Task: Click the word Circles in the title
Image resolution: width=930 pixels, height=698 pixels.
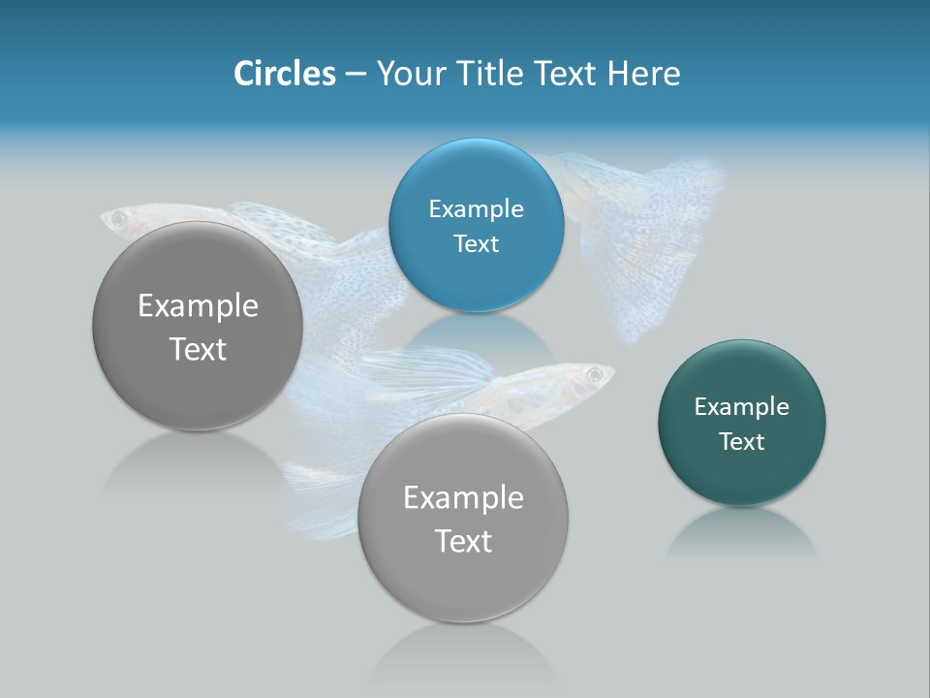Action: (284, 74)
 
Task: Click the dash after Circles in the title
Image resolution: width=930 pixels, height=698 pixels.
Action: (356, 75)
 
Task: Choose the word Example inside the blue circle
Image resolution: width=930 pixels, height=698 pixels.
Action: (476, 209)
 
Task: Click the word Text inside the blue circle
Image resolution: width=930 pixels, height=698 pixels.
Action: (476, 244)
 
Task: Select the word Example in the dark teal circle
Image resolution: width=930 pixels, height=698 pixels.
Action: (741, 407)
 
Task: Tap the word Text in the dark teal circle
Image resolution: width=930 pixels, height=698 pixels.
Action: (741, 442)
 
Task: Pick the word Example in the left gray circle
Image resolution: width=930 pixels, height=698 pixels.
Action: (198, 306)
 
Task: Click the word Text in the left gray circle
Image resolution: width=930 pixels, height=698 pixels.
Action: (198, 349)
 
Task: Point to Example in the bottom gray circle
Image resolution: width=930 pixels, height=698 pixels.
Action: (463, 498)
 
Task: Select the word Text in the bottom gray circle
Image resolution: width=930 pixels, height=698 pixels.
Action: (463, 541)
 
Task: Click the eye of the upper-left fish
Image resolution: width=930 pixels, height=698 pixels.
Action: (119, 220)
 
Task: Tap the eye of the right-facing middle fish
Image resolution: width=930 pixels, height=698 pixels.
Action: (594, 374)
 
